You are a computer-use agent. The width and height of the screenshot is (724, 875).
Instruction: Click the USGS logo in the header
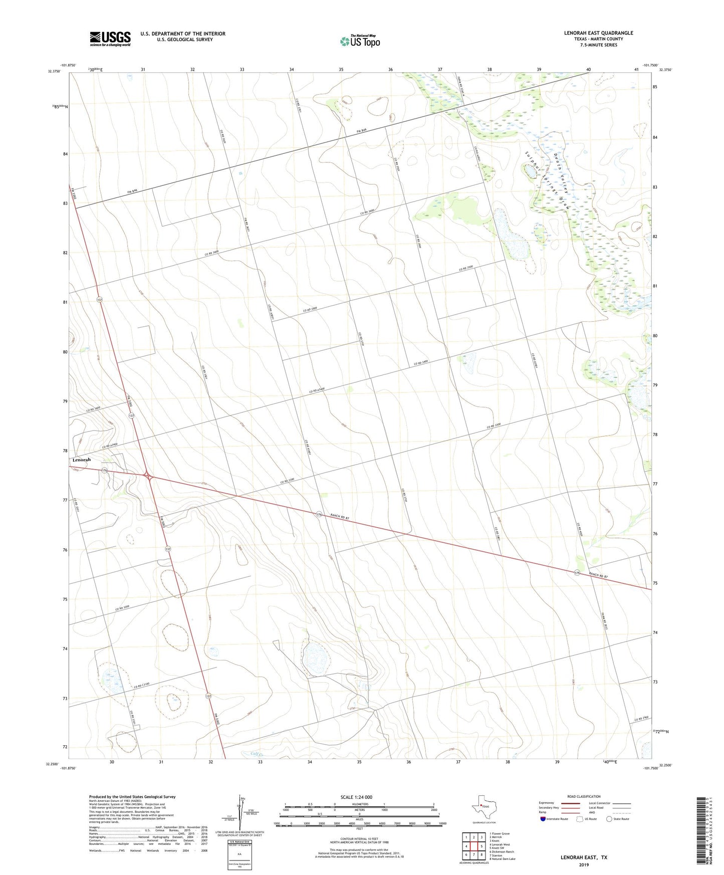coord(110,38)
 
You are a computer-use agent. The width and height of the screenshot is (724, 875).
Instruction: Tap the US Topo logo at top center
coord(360,41)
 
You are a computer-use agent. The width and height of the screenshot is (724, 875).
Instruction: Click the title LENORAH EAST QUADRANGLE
coord(598,33)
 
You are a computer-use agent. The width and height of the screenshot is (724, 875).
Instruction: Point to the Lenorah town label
coord(82,460)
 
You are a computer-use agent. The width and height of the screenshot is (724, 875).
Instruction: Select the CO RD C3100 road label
coord(142,685)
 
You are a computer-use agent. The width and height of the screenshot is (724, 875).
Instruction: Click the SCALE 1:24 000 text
coord(356,797)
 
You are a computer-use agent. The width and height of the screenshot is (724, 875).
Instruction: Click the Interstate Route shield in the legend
coord(543,819)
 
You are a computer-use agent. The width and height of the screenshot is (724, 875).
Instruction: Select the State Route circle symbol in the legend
coord(609,819)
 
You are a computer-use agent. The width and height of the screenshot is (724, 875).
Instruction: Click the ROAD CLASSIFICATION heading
coord(583,796)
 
